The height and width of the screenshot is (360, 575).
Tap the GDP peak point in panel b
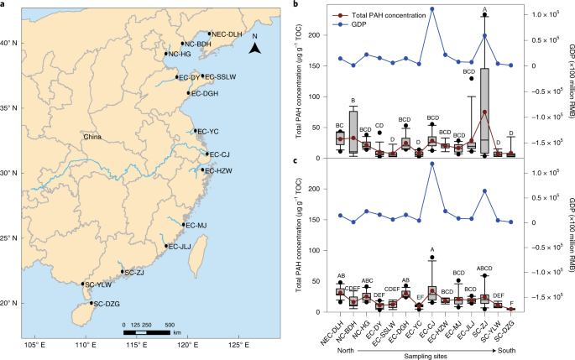tap(431, 8)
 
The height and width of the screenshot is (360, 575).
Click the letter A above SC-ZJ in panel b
tap(485, 9)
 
